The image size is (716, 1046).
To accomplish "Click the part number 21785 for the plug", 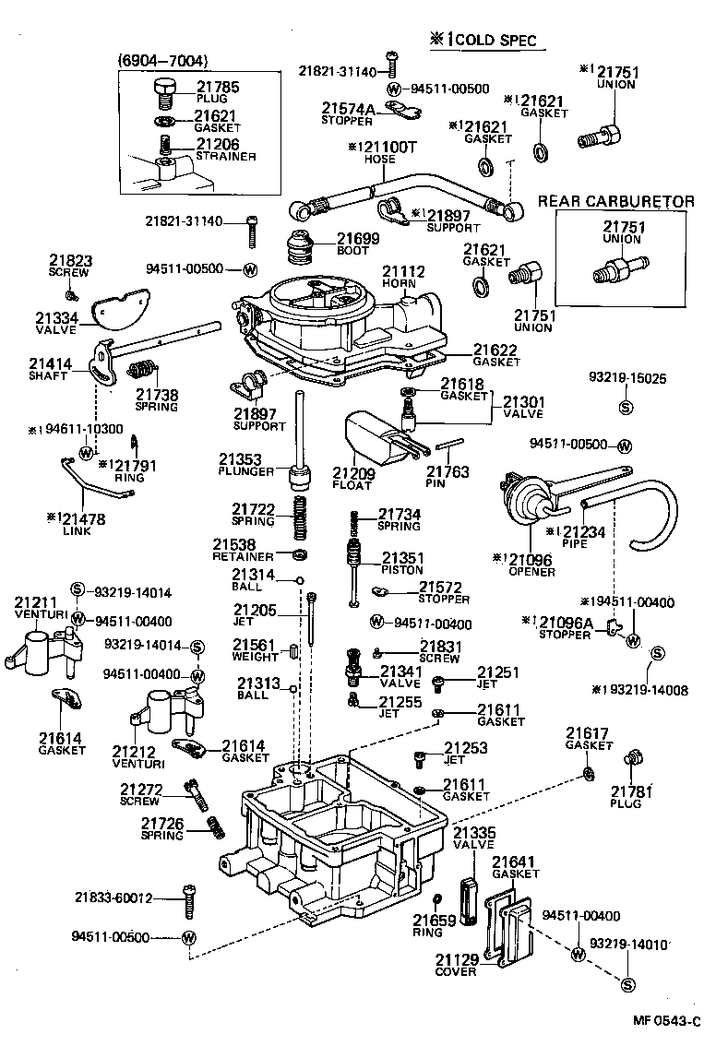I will pyautogui.click(x=218, y=88).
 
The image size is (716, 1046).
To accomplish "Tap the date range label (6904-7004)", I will pyautogui.click(x=163, y=61).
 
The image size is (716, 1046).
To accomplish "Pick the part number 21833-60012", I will pyautogui.click(x=113, y=897).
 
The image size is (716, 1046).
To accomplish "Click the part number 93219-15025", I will pyautogui.click(x=627, y=378).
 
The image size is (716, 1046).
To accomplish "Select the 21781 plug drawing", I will pyautogui.click(x=634, y=762).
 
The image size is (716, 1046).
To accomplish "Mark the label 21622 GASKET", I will pyautogui.click(x=496, y=356).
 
